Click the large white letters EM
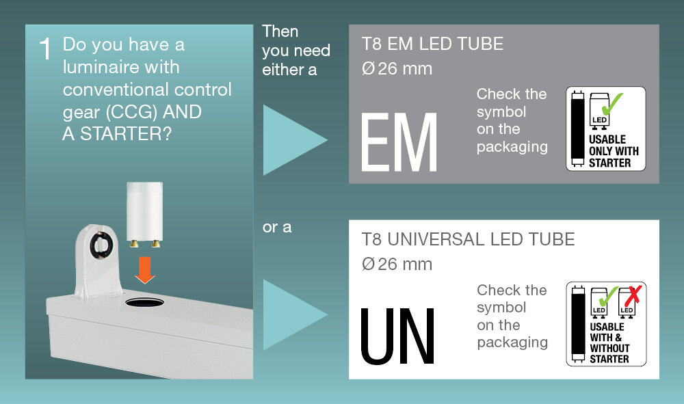click(399, 142)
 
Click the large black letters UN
click(397, 336)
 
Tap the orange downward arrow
click(145, 270)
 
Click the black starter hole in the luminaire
click(144, 302)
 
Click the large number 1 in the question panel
click(45, 49)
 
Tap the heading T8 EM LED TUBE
click(432, 44)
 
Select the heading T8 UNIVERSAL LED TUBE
click(468, 239)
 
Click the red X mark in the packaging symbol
click(633, 296)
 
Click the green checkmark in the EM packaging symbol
click(612, 103)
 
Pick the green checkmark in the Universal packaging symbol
click(609, 297)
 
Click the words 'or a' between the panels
click(277, 227)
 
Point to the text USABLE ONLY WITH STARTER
click(614, 151)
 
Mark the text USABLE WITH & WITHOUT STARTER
click(609, 342)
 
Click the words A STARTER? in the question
click(117, 134)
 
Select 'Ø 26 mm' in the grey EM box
click(397, 68)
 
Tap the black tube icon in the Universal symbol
click(578, 324)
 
